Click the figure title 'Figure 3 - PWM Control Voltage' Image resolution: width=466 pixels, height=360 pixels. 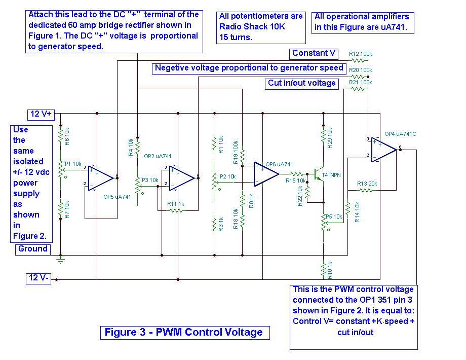[x=184, y=333]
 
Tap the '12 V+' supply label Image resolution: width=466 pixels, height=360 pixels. [x=42, y=114]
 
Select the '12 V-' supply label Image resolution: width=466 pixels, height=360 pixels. [x=39, y=277]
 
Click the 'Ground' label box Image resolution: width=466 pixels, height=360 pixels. [x=33, y=249]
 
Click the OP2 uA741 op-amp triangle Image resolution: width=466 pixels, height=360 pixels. [x=182, y=178]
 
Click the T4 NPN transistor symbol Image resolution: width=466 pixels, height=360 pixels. [x=319, y=174]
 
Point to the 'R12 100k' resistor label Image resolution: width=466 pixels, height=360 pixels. [x=360, y=54]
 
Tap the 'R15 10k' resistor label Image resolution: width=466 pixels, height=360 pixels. [x=296, y=181]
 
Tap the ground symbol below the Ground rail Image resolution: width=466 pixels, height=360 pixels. [x=61, y=261]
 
